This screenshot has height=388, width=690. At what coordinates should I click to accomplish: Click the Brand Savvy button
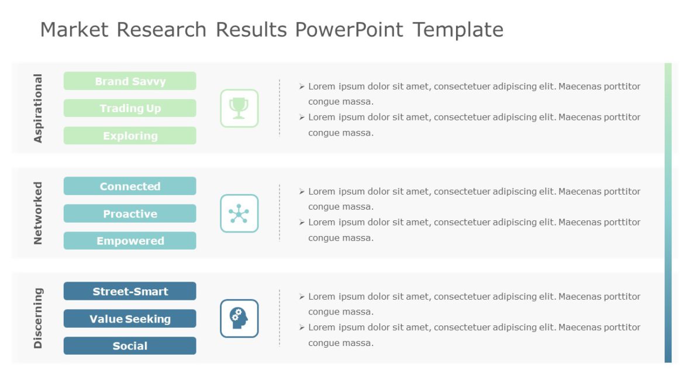(x=130, y=81)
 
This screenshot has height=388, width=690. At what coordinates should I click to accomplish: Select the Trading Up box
(x=130, y=108)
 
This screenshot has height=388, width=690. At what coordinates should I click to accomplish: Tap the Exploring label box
(x=130, y=136)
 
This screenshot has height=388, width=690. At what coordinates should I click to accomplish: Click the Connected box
(x=130, y=186)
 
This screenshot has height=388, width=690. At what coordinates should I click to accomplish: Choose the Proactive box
(x=130, y=214)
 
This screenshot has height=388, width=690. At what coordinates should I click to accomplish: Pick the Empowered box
(x=130, y=241)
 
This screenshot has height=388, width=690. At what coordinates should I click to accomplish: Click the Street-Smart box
(x=130, y=292)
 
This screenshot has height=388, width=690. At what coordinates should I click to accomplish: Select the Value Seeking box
(x=130, y=318)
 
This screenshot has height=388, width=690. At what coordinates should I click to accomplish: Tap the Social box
(x=130, y=346)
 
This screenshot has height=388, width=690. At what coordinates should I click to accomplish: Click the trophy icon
(x=239, y=108)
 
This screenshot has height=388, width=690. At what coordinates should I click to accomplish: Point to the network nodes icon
(x=239, y=213)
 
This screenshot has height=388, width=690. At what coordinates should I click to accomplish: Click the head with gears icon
(x=239, y=318)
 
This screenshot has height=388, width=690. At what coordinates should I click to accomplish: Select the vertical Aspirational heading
(x=38, y=108)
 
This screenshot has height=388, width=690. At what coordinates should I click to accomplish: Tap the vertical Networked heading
(x=38, y=213)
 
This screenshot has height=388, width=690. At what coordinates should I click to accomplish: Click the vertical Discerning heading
(x=38, y=318)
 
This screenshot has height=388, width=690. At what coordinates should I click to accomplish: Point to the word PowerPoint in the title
(x=349, y=29)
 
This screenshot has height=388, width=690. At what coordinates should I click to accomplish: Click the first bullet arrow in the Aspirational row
(x=302, y=86)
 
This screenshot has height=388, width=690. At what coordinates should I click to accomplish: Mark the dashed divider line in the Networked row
(x=280, y=213)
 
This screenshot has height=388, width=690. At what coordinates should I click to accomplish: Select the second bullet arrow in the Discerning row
(x=302, y=327)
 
